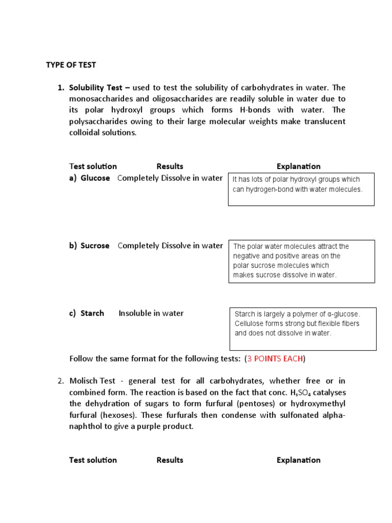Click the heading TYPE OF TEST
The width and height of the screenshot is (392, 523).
coord(71,65)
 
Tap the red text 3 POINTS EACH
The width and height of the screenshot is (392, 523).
coord(275,359)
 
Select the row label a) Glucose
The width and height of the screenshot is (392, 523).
coord(90,178)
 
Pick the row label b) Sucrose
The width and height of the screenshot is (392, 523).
coord(90,246)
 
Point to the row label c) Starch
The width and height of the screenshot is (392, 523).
coord(87,313)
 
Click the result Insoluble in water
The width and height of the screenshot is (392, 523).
coord(151,313)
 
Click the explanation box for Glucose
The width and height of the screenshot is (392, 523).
coord(301,189)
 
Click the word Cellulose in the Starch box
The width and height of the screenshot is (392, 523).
coord(251,324)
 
